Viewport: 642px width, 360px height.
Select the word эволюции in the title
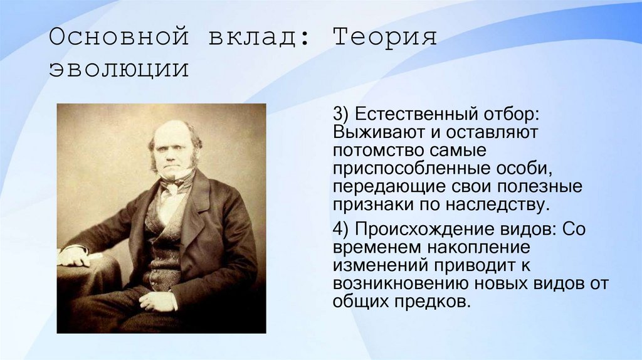[x=118, y=69]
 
